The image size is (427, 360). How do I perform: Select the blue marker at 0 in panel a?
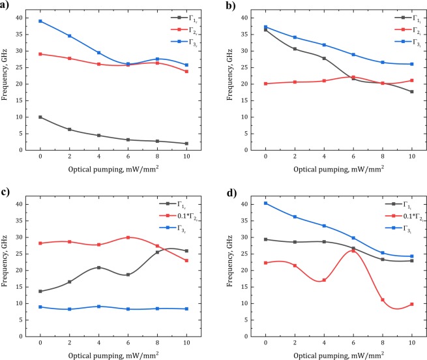40,21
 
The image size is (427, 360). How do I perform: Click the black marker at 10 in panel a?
186,143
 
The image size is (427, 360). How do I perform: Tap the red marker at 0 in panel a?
40,53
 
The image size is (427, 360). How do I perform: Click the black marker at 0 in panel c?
40,291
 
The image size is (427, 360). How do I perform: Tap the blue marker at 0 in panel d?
265,203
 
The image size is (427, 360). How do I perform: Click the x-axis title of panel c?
113,355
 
